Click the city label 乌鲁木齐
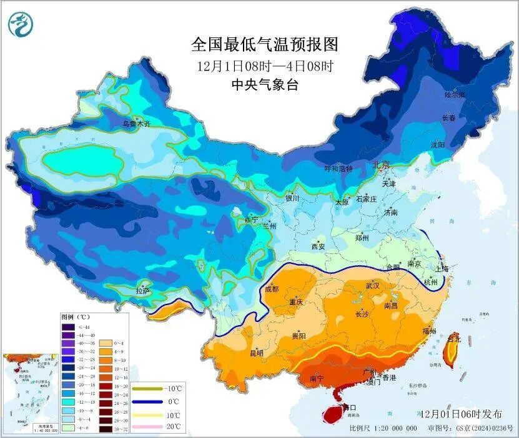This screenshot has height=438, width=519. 136,124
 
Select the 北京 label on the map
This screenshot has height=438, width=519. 381,165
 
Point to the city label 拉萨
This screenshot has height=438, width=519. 143,290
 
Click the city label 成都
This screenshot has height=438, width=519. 272,288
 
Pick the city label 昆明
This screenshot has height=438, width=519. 257,353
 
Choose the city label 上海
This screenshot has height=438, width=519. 442,268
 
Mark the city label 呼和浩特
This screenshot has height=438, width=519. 338,168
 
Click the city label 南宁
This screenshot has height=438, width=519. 317,378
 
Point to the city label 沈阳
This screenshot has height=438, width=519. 437,145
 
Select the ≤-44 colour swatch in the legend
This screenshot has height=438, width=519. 68,327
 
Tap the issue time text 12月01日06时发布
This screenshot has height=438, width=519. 461,414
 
